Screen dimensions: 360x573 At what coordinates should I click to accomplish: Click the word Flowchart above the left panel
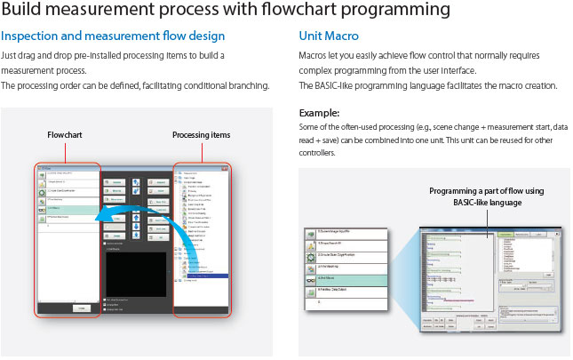(66, 135)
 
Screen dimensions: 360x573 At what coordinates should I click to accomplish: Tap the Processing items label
(200, 135)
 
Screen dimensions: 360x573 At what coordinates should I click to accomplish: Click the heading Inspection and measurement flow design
(113, 36)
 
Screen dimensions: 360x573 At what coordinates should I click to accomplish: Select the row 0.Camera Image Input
(351, 233)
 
